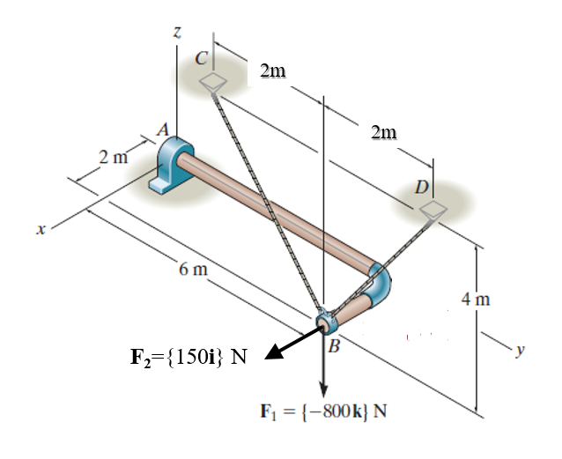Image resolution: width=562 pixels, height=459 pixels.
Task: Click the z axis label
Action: pyautogui.click(x=177, y=33)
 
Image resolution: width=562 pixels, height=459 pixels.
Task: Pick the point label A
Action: pyautogui.click(x=162, y=130)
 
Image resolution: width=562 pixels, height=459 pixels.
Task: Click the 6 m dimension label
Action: pyautogui.click(x=193, y=270)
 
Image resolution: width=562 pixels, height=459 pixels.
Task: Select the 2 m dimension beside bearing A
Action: pyautogui.click(x=112, y=159)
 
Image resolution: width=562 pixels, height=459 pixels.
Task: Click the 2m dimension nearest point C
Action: pyautogui.click(x=274, y=70)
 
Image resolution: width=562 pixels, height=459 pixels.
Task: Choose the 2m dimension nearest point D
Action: pyautogui.click(x=384, y=133)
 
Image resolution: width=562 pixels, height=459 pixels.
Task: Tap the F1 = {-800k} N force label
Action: pyautogui.click(x=324, y=411)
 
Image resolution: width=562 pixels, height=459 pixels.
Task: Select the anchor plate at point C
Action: pyautogui.click(x=213, y=83)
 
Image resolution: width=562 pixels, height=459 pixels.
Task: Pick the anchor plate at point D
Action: pyautogui.click(x=433, y=209)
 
